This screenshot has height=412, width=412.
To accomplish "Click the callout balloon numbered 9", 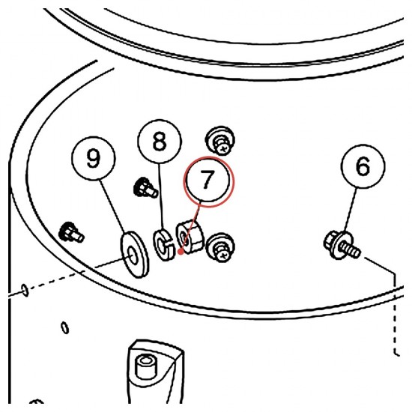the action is click(94, 159).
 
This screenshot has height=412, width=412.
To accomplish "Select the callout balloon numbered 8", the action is click(160, 142).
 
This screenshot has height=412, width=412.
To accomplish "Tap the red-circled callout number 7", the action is click(208, 181).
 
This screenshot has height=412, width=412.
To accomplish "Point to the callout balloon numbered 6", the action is click(363, 166).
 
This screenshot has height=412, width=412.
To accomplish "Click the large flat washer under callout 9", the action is click(134, 255).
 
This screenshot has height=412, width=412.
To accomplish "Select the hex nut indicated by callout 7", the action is click(190, 237).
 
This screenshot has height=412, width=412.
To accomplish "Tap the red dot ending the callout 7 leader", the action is click(181, 252).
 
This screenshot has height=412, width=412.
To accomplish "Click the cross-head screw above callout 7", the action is click(220, 141).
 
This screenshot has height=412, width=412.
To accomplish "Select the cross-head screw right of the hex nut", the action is click(220, 247).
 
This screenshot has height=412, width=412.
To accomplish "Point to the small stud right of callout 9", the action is click(146, 187).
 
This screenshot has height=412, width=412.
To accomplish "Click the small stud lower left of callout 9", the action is click(71, 233).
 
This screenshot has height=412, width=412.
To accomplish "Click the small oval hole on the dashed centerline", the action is click(25, 290).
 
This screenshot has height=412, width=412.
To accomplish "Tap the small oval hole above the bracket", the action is click(65, 328).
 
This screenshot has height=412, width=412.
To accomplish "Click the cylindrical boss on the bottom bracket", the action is click(145, 366).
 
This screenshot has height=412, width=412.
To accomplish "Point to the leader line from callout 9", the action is click(112, 206).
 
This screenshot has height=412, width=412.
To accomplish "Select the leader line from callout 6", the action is click(351, 210).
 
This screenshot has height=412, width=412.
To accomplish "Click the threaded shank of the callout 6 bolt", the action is click(351, 249).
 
